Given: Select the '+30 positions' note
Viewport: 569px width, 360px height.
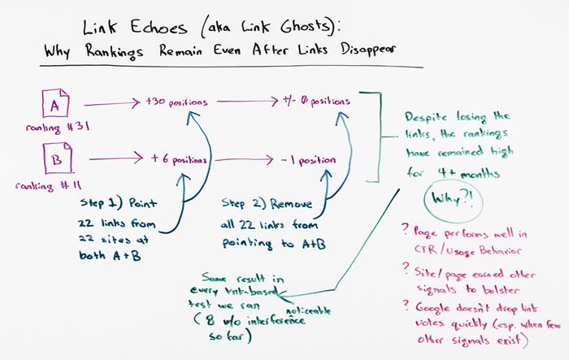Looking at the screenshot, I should point(177,102).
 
